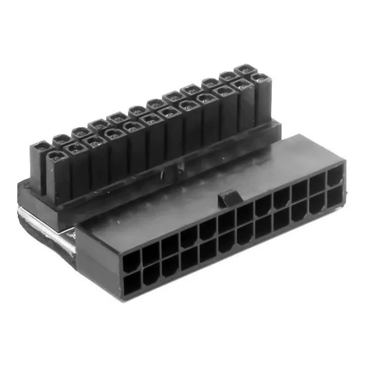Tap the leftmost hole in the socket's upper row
(131, 260)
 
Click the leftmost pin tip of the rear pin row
(42, 148)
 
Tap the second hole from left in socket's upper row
(150, 253)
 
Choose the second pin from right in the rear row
(227, 76)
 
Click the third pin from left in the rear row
(79, 133)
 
